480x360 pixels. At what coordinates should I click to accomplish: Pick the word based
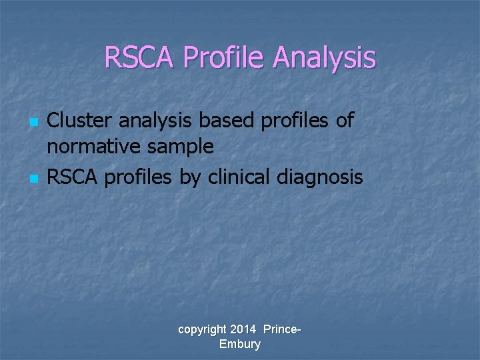pyautogui.click(x=226, y=120)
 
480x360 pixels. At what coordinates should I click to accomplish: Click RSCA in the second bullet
pyautogui.click(x=70, y=177)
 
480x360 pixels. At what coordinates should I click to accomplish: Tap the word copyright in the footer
pyautogui.click(x=202, y=330)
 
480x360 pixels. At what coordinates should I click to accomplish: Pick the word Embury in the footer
pyautogui.click(x=239, y=344)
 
